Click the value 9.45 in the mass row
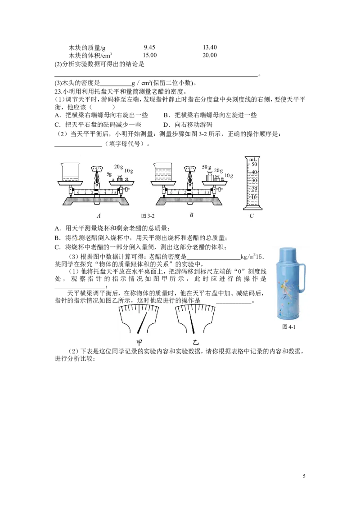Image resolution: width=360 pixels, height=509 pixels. coord(149,47)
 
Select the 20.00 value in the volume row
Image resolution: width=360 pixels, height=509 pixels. coord(210,55)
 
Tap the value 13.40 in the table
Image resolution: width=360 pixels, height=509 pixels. coord(210,47)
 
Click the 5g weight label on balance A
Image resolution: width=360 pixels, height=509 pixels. coord(109,174)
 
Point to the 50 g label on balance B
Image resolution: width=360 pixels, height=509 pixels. coord(207,167)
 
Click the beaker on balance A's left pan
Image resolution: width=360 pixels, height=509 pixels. coord(70,173)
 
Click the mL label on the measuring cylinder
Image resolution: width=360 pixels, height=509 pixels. coord(253,159)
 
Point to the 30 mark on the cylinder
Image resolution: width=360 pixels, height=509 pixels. coord(254,180)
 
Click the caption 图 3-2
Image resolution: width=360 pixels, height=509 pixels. coord(148,216)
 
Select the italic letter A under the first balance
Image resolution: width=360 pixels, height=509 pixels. coord(99,215)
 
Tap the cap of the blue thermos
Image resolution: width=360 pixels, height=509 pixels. coord(288,254)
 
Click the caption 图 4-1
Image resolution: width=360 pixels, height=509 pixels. coord(288,326)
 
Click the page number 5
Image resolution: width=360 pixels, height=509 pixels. coord(304,476)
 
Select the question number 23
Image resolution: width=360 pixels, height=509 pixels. coord(58,91)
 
